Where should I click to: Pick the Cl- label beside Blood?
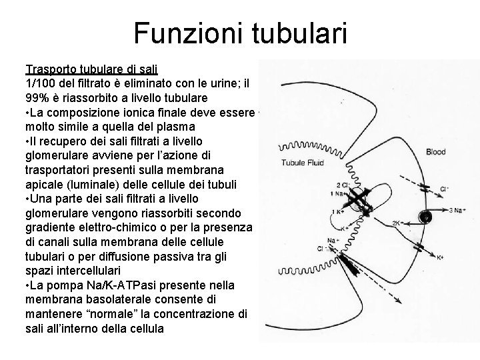[x=445, y=189]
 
